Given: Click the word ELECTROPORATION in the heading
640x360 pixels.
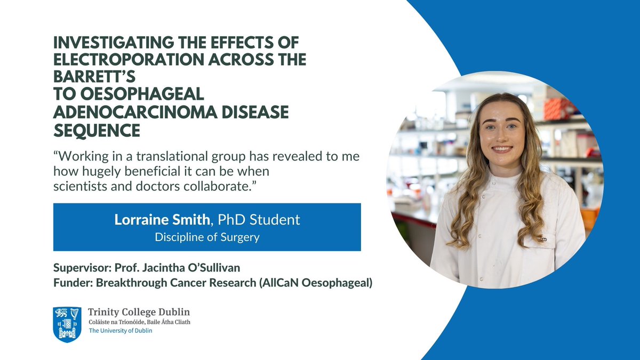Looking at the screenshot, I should click(x=117, y=60).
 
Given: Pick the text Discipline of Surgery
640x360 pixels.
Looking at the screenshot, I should click(x=207, y=237).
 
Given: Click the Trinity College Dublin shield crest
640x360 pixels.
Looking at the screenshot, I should click(x=67, y=324).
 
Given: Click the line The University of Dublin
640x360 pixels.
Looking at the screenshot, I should click(x=120, y=331).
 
